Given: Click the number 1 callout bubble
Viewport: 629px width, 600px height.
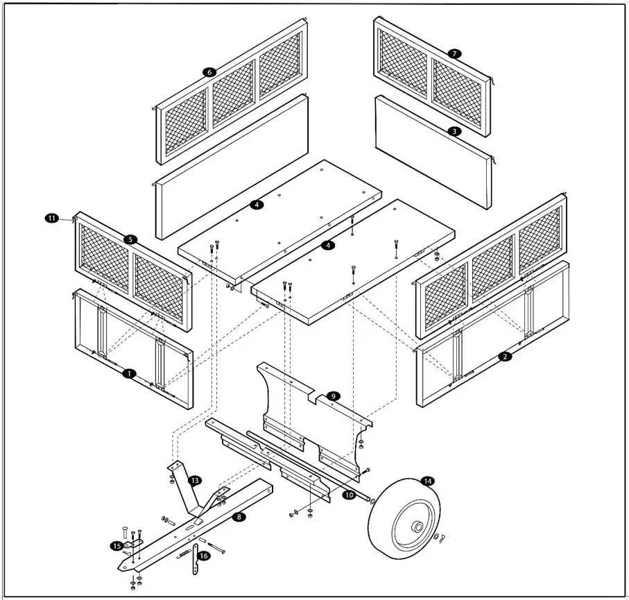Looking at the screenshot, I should (x=128, y=373).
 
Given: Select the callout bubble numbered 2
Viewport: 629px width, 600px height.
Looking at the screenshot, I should (x=505, y=356).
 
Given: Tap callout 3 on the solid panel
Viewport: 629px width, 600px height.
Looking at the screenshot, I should (x=453, y=130).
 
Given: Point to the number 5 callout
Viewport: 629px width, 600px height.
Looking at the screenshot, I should (x=130, y=239).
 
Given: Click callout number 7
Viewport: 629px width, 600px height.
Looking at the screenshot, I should (x=454, y=53).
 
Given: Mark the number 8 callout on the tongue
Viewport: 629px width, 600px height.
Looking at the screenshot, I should (x=240, y=517).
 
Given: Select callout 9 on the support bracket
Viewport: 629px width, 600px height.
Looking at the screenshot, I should (x=333, y=395).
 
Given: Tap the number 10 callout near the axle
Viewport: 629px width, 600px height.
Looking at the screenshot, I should (x=349, y=495).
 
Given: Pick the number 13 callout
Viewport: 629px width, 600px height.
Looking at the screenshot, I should (x=196, y=480).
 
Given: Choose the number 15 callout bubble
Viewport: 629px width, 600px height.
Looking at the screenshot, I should (x=116, y=546).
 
